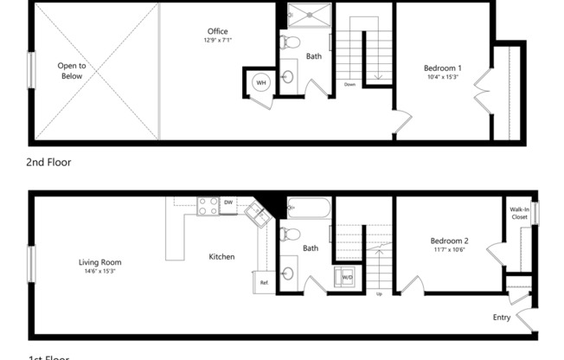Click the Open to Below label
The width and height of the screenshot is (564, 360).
(x=72, y=70)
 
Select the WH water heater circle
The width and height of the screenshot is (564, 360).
(x=260, y=83)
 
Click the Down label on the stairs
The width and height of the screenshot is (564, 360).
(x=349, y=84)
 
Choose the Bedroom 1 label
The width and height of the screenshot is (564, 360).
(x=442, y=68)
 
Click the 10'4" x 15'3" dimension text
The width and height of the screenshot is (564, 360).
(x=442, y=78)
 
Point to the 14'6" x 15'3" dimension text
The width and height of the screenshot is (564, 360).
(x=99, y=272)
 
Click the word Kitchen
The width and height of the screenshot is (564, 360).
(x=221, y=256)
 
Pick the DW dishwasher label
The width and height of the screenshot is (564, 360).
(x=228, y=202)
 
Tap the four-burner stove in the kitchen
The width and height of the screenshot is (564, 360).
(x=208, y=206)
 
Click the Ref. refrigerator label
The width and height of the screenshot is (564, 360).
(x=265, y=283)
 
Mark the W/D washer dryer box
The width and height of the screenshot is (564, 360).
(x=347, y=277)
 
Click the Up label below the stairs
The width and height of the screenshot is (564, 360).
(x=379, y=294)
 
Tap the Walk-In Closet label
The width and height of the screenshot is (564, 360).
(x=519, y=213)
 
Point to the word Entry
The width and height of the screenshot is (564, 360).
(x=502, y=317)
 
